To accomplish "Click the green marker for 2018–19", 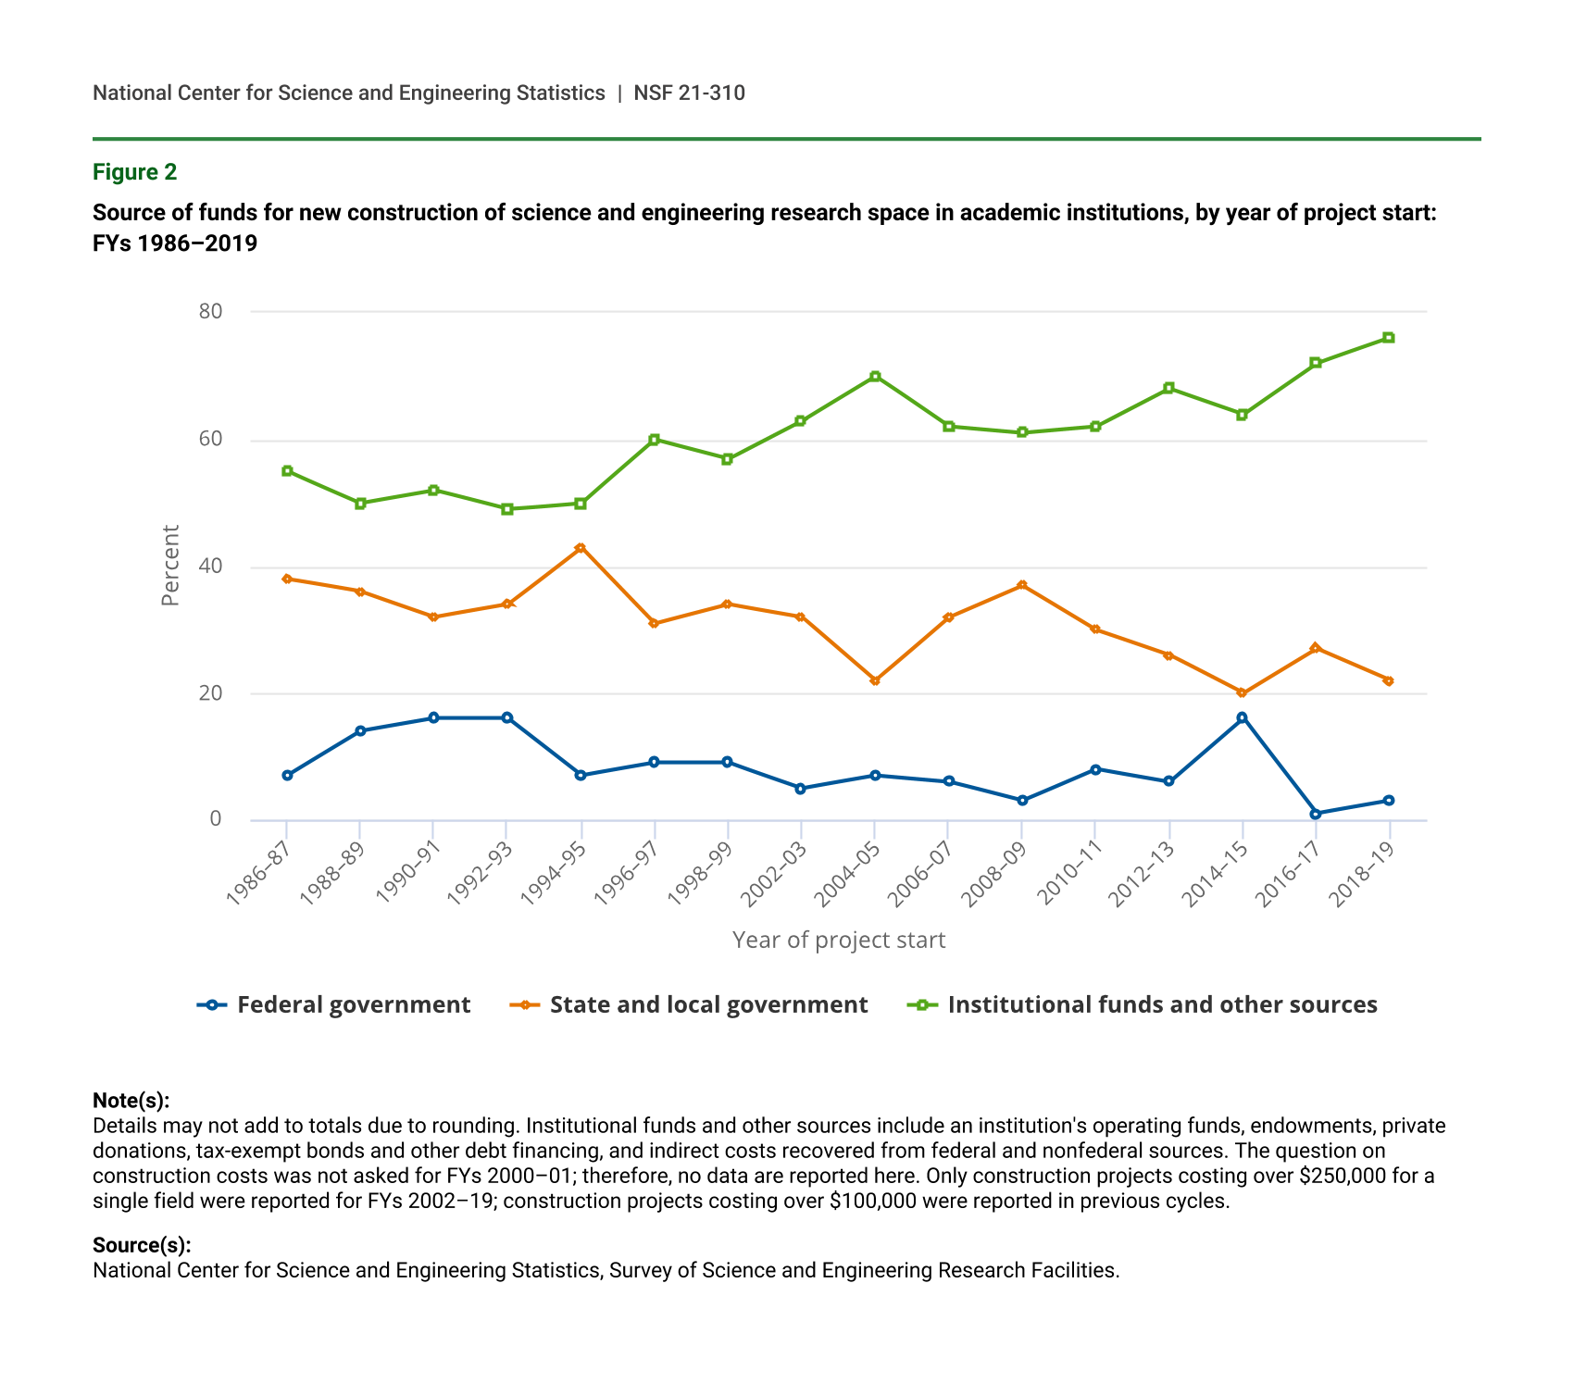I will coord(1389,338).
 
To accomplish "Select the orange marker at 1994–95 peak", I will coord(581,548).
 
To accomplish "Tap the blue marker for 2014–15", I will coord(1242,717).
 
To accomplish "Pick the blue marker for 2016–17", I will coord(1316,814).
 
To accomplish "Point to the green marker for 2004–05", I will coord(875,377).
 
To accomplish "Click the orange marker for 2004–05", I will coord(875,680).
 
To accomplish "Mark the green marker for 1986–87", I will coord(287,471).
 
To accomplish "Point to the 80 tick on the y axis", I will coord(211,311).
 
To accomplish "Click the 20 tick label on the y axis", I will coord(211,693).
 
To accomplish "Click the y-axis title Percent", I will coord(170,566).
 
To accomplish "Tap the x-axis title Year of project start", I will coord(839,941).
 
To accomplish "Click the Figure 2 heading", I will coord(134,172).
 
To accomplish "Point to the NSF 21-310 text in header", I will coord(689,93).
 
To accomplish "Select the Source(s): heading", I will coord(142,1245).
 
